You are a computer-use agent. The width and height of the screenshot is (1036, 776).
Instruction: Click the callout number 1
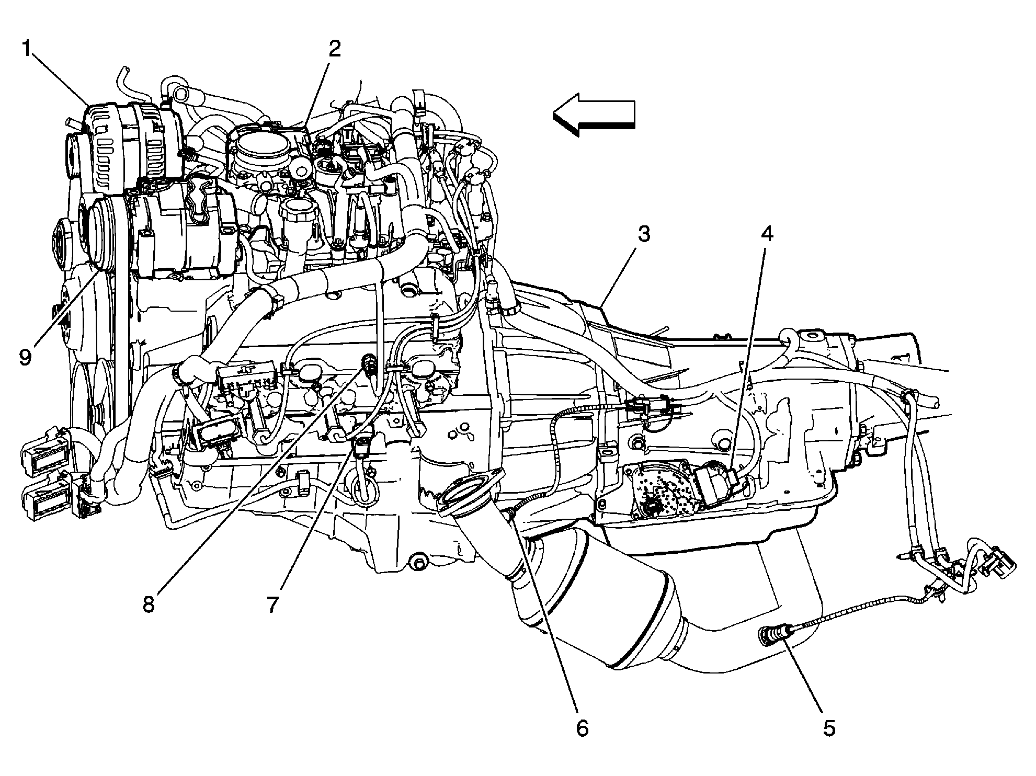click(28, 51)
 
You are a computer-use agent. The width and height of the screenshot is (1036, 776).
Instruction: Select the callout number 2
click(335, 50)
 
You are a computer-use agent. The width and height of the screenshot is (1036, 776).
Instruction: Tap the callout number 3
click(644, 234)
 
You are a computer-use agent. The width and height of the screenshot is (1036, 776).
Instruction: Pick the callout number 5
click(829, 728)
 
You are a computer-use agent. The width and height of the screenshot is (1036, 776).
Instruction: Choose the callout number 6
click(582, 728)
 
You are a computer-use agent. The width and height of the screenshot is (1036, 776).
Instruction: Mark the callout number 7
click(272, 604)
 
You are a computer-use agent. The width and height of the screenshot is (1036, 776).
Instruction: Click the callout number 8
click(149, 604)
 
